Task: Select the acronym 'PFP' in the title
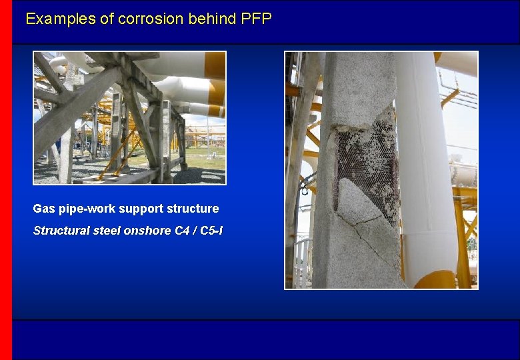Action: pos(257,19)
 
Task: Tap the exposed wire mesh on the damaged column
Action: pos(367,160)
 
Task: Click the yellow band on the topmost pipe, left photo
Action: pos(215,65)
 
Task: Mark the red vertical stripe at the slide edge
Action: pos(6,180)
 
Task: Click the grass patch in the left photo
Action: pos(200,160)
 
